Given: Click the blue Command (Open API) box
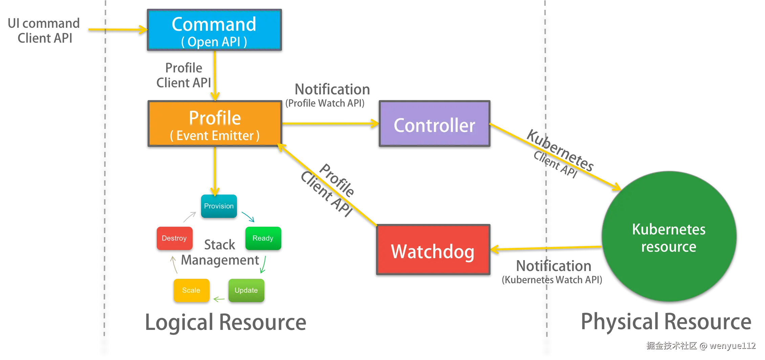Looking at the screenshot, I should (x=214, y=30).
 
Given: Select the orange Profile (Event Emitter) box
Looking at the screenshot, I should (x=215, y=124).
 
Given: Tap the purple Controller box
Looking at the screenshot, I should (x=434, y=124).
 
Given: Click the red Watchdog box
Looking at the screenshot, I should (x=433, y=249).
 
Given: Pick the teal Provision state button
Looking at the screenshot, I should (x=219, y=206).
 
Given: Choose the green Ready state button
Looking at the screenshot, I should (x=263, y=238).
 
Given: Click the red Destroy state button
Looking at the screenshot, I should (x=174, y=238).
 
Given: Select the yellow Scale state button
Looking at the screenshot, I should (x=191, y=290).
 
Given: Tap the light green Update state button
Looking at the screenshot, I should (x=246, y=290).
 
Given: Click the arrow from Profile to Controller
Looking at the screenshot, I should (x=330, y=123).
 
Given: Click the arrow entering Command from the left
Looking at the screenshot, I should (x=117, y=30).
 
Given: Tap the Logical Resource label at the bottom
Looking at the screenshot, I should (x=226, y=321).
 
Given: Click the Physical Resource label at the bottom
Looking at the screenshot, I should (x=667, y=321).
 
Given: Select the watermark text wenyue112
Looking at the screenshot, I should (x=732, y=345).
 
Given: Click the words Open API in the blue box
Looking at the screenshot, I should (x=214, y=42).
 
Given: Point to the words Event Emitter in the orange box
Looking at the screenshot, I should (x=215, y=136).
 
